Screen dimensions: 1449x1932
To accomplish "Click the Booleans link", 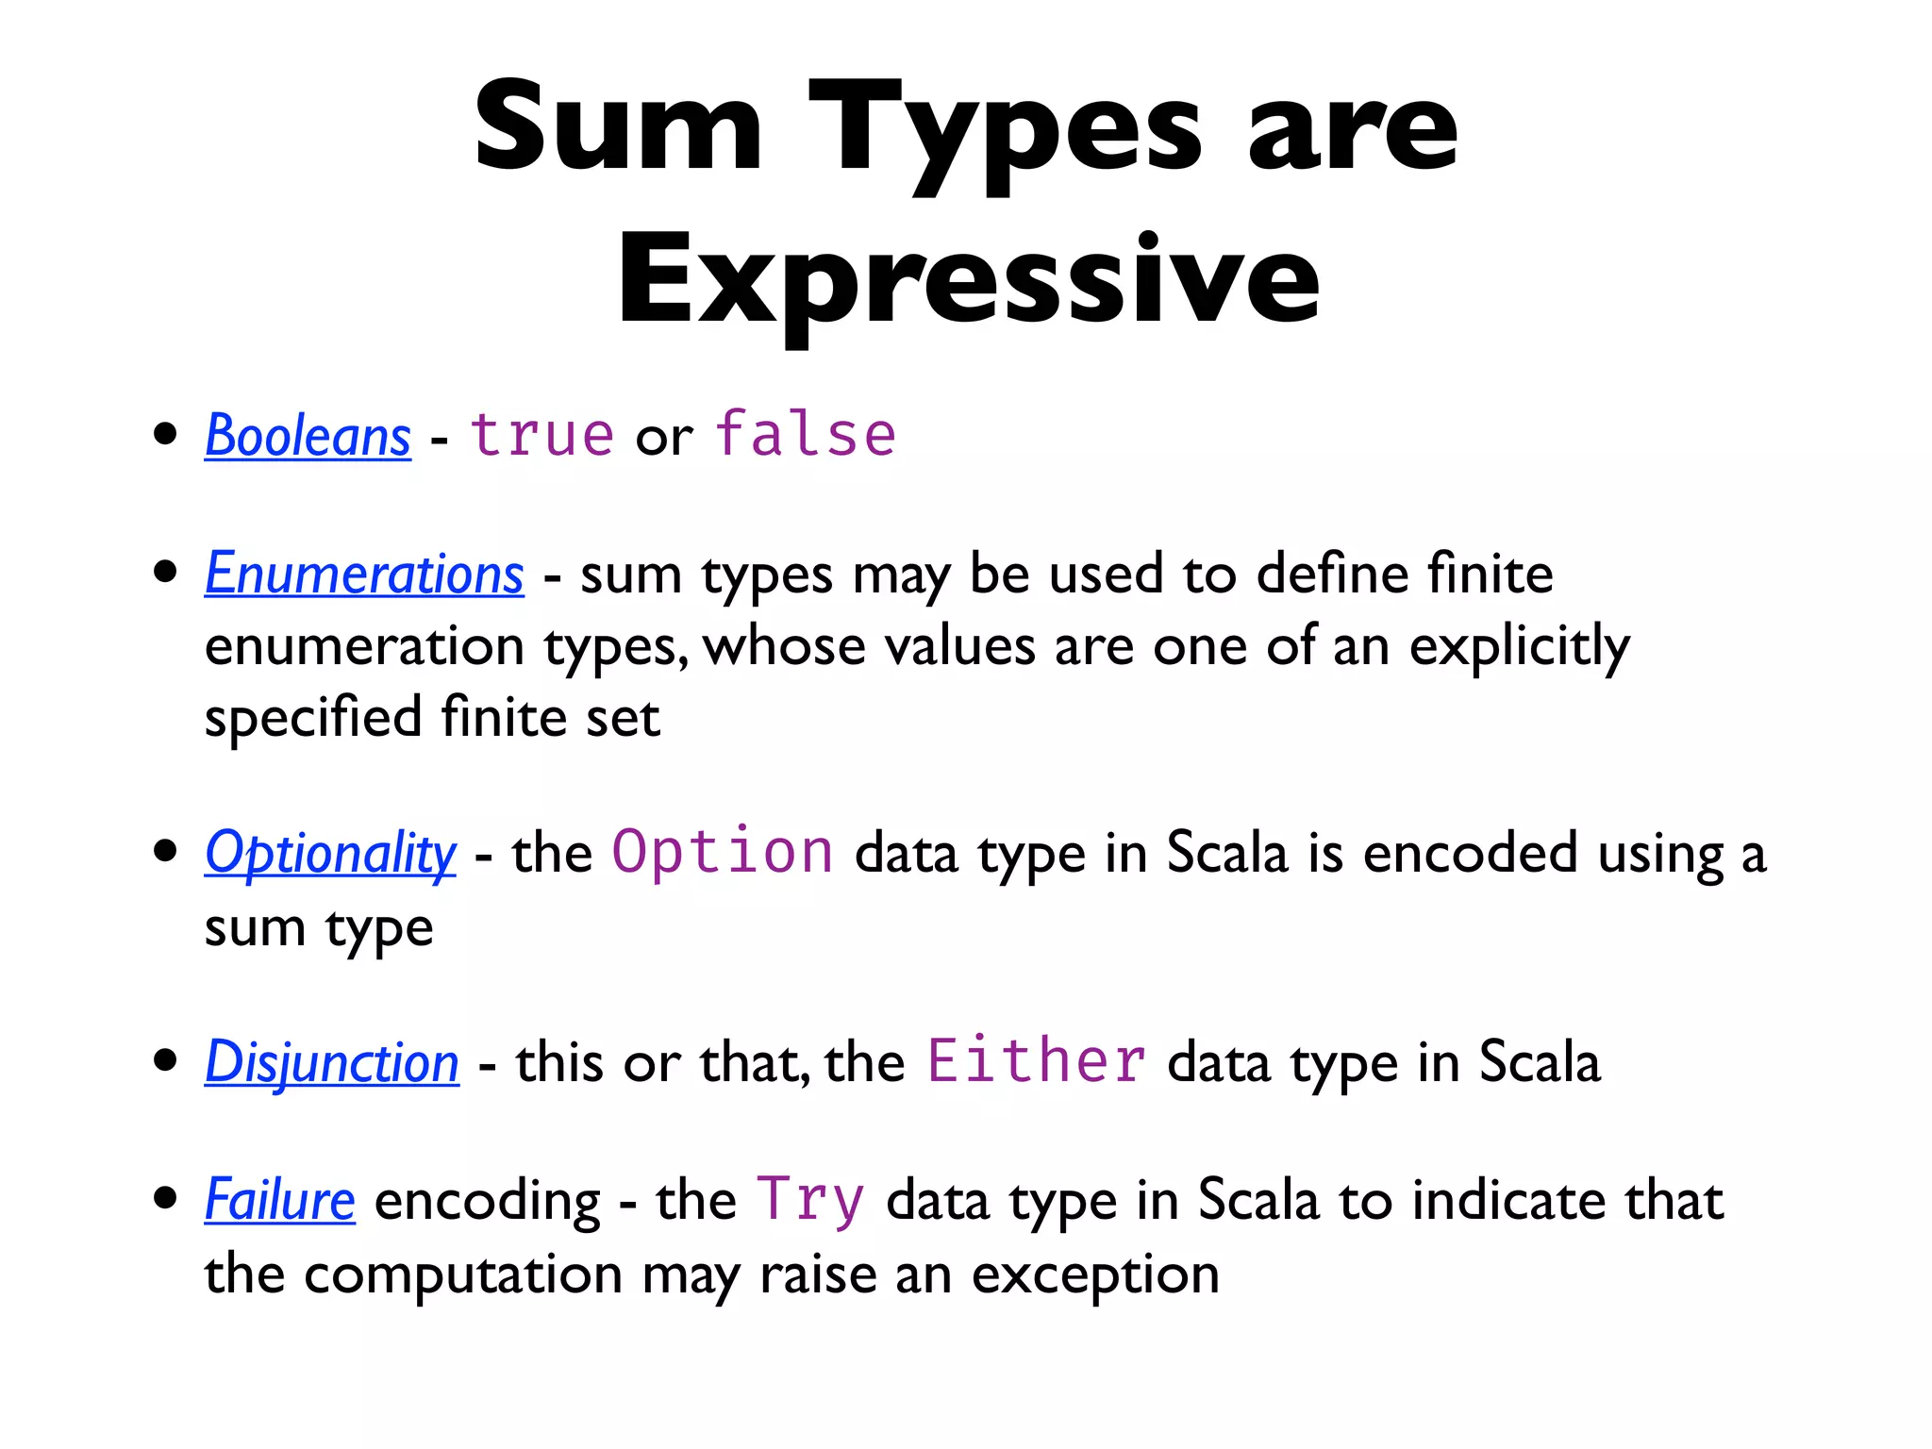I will coord(308,436).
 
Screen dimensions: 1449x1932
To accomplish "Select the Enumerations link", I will coord(364,574).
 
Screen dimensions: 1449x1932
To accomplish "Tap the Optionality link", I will coord(330,853).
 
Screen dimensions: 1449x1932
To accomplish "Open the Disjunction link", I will coord(332,1062).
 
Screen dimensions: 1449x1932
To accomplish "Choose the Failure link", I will coord(280,1200).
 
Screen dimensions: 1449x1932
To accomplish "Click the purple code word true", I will coord(541,435).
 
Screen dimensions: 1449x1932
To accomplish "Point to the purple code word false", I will coord(805,435).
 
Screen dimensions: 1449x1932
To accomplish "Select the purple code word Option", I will coord(723,851).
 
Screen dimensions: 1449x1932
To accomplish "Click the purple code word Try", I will coord(810,1200).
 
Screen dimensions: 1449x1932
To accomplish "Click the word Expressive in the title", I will coord(968,279).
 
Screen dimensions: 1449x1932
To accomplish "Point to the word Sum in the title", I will coord(618,126).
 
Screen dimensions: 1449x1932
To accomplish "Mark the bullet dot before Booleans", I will coord(165,435).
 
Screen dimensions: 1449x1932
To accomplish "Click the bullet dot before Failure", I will coord(165,1198).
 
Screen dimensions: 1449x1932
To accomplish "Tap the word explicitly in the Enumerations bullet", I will coord(1519,647).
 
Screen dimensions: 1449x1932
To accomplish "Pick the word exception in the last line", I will coord(1095,1275).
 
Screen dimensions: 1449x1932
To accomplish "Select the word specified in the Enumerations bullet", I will coord(312,719).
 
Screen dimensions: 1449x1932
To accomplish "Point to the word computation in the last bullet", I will coord(463,1275).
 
